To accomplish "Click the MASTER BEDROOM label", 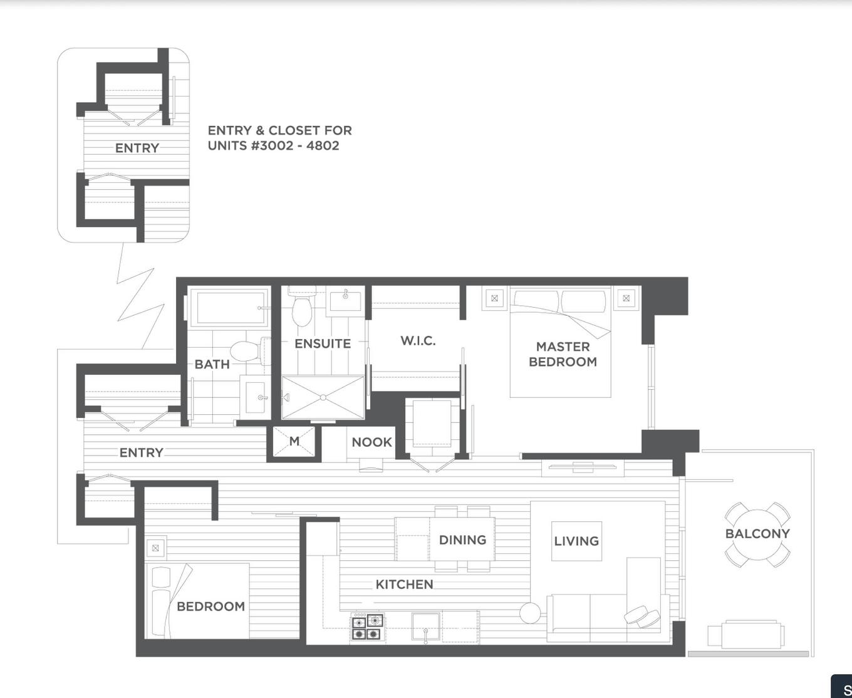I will tap(563, 354).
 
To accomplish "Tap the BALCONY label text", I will tap(757, 534).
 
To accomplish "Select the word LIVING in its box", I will tap(576, 541).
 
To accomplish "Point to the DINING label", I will tap(462, 540).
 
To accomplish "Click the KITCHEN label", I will tap(404, 585).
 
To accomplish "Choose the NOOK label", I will tap(371, 442).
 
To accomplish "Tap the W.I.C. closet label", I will tap(418, 341).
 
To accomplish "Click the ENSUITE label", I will tap(323, 344).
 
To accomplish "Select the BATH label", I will tap(212, 364).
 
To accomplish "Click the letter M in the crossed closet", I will tap(294, 442).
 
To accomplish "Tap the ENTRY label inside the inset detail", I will tap(137, 148).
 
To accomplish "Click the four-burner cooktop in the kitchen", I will tap(366, 627).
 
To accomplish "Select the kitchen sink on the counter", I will tap(425, 625).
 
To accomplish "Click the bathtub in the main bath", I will tap(229, 307).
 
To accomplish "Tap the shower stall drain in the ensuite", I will tap(323, 397).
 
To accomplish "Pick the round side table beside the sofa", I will tap(530, 613).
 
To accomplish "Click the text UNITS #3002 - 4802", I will tap(273, 145).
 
